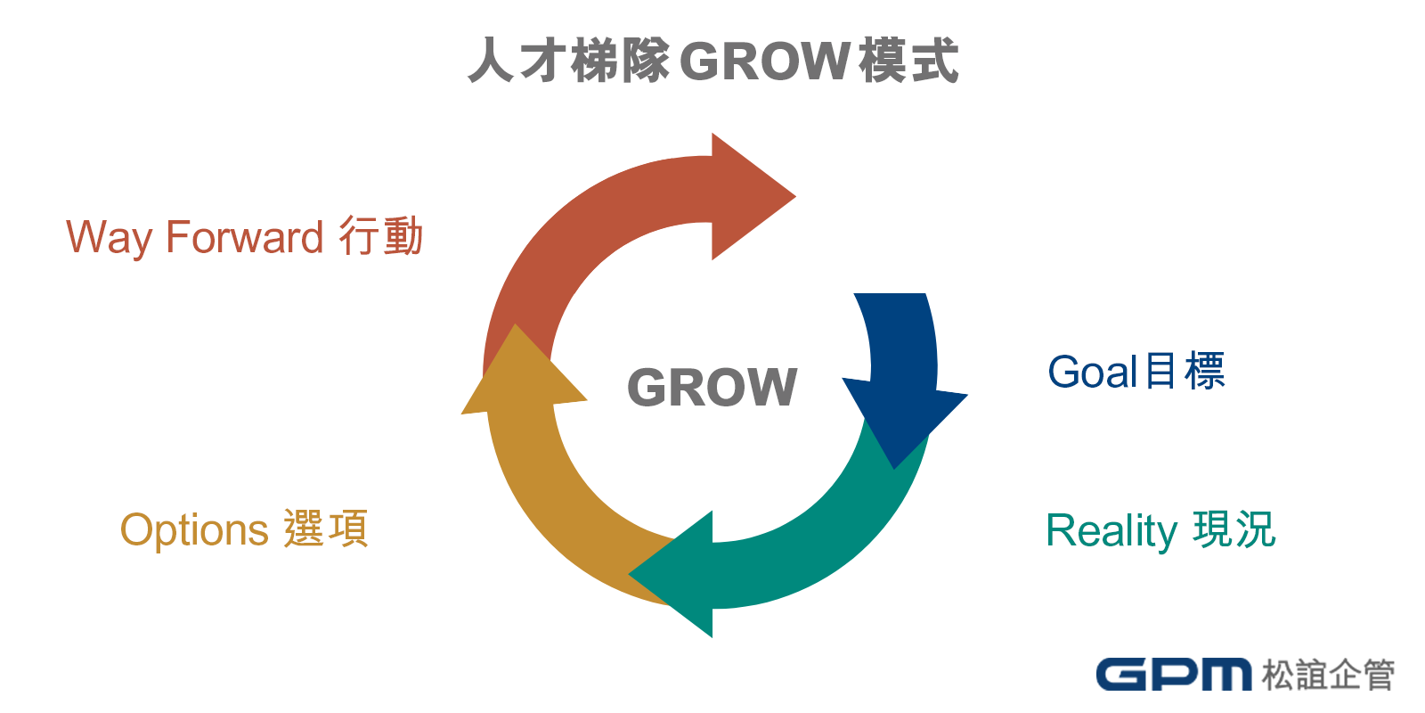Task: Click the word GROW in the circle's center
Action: coord(712,388)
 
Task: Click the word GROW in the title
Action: coord(766,61)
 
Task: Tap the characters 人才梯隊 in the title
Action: coord(569,61)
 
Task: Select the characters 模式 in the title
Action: coord(909,61)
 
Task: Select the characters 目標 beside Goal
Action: coord(1185,372)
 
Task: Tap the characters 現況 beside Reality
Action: coord(1234,529)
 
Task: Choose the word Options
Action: coord(194,531)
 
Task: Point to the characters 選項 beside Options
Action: coord(326,529)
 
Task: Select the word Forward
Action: coord(244,237)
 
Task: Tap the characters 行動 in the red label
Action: coord(381,237)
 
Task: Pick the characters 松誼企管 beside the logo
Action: coord(1328,675)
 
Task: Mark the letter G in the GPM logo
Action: coord(1121,675)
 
